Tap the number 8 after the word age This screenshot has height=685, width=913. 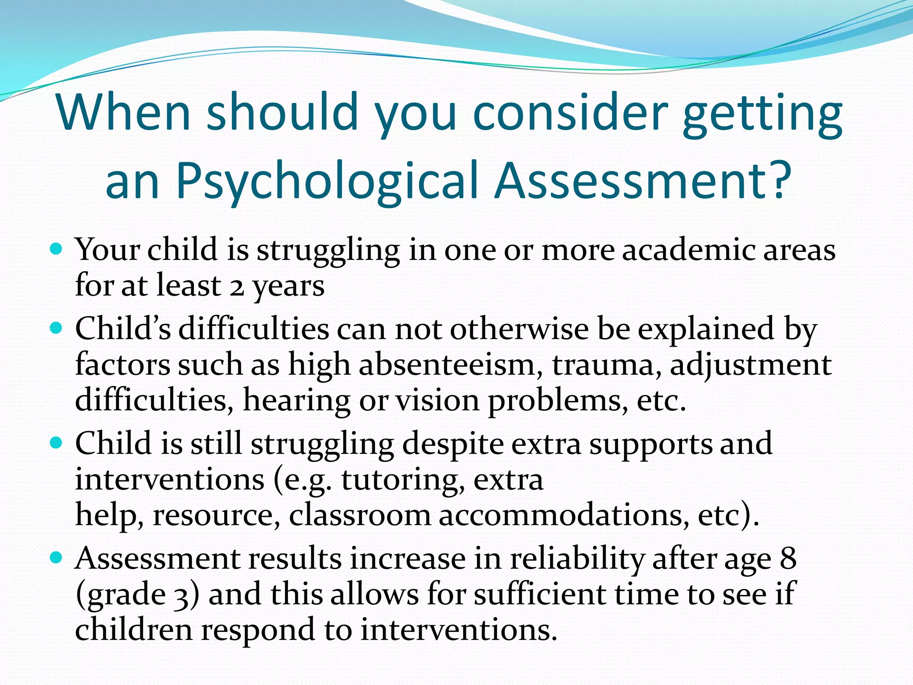[788, 558]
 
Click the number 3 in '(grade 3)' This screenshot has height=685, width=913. [181, 596]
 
